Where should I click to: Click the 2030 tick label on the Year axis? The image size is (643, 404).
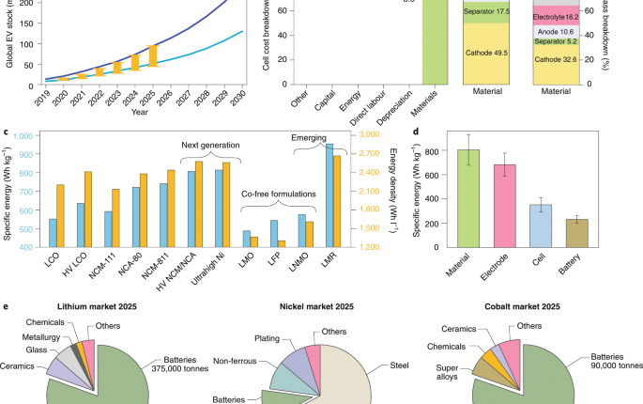pyautogui.click(x=241, y=97)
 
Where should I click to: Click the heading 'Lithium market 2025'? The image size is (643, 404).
pyautogui.click(x=101, y=306)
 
